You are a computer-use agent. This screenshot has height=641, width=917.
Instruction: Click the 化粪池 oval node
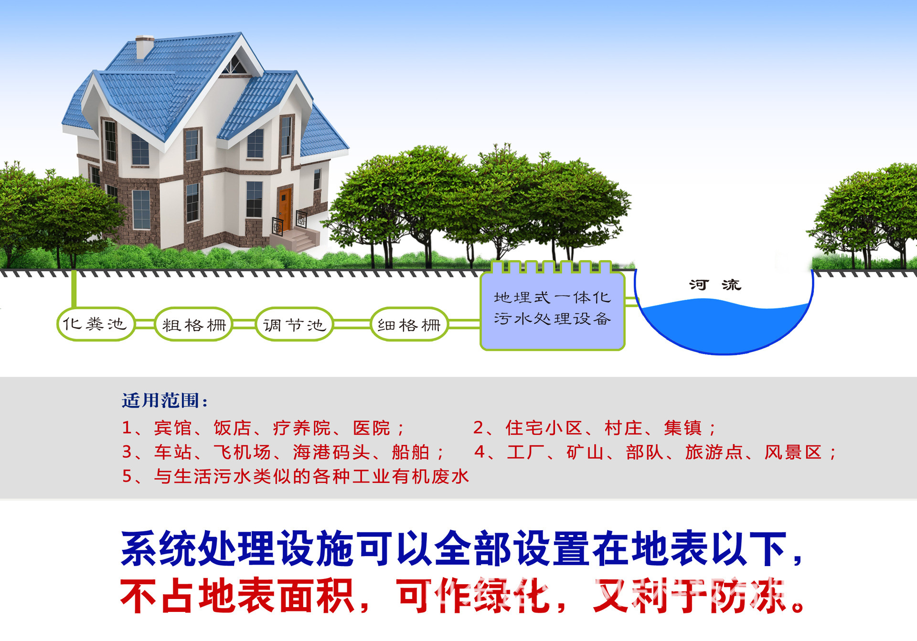(x=96, y=324)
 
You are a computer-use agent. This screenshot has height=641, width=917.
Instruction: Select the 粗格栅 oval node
(x=194, y=325)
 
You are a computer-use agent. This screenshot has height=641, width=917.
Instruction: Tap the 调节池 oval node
(x=294, y=325)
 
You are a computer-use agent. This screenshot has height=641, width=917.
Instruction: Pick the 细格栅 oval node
(x=409, y=325)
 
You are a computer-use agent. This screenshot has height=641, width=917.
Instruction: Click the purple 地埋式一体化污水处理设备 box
(x=553, y=310)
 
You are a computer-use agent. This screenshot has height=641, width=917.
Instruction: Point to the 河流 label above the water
(x=715, y=285)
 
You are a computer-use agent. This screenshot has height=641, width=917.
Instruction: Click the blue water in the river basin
(x=725, y=327)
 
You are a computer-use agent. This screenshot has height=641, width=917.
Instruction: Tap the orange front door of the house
(x=285, y=209)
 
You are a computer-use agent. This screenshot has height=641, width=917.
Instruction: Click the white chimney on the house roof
(x=145, y=47)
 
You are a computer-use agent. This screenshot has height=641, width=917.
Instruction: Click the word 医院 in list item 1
(x=372, y=428)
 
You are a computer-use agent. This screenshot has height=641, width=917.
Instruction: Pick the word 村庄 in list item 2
(x=623, y=428)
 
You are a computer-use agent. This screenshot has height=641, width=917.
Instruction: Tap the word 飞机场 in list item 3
(x=242, y=452)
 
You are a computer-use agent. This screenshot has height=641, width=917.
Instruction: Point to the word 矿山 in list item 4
(x=585, y=452)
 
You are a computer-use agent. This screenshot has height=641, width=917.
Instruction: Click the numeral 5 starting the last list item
(x=127, y=476)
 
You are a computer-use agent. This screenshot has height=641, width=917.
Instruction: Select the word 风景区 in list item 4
(x=793, y=452)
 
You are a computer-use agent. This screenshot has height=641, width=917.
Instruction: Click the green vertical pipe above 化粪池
(x=74, y=289)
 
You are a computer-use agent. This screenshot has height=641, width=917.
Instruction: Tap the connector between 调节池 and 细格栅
(x=352, y=325)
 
